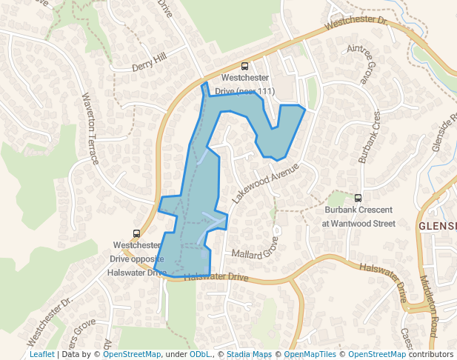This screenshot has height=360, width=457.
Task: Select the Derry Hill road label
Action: (149, 62)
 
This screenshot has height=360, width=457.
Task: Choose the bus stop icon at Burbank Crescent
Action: (358, 198)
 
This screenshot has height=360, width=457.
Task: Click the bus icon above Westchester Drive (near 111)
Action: (245, 66)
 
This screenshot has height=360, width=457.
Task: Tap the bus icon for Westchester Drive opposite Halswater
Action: (136, 233)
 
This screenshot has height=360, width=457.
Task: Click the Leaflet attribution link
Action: (41, 354)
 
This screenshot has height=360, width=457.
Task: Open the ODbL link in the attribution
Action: (200, 354)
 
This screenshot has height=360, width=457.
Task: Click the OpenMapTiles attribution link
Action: (310, 354)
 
